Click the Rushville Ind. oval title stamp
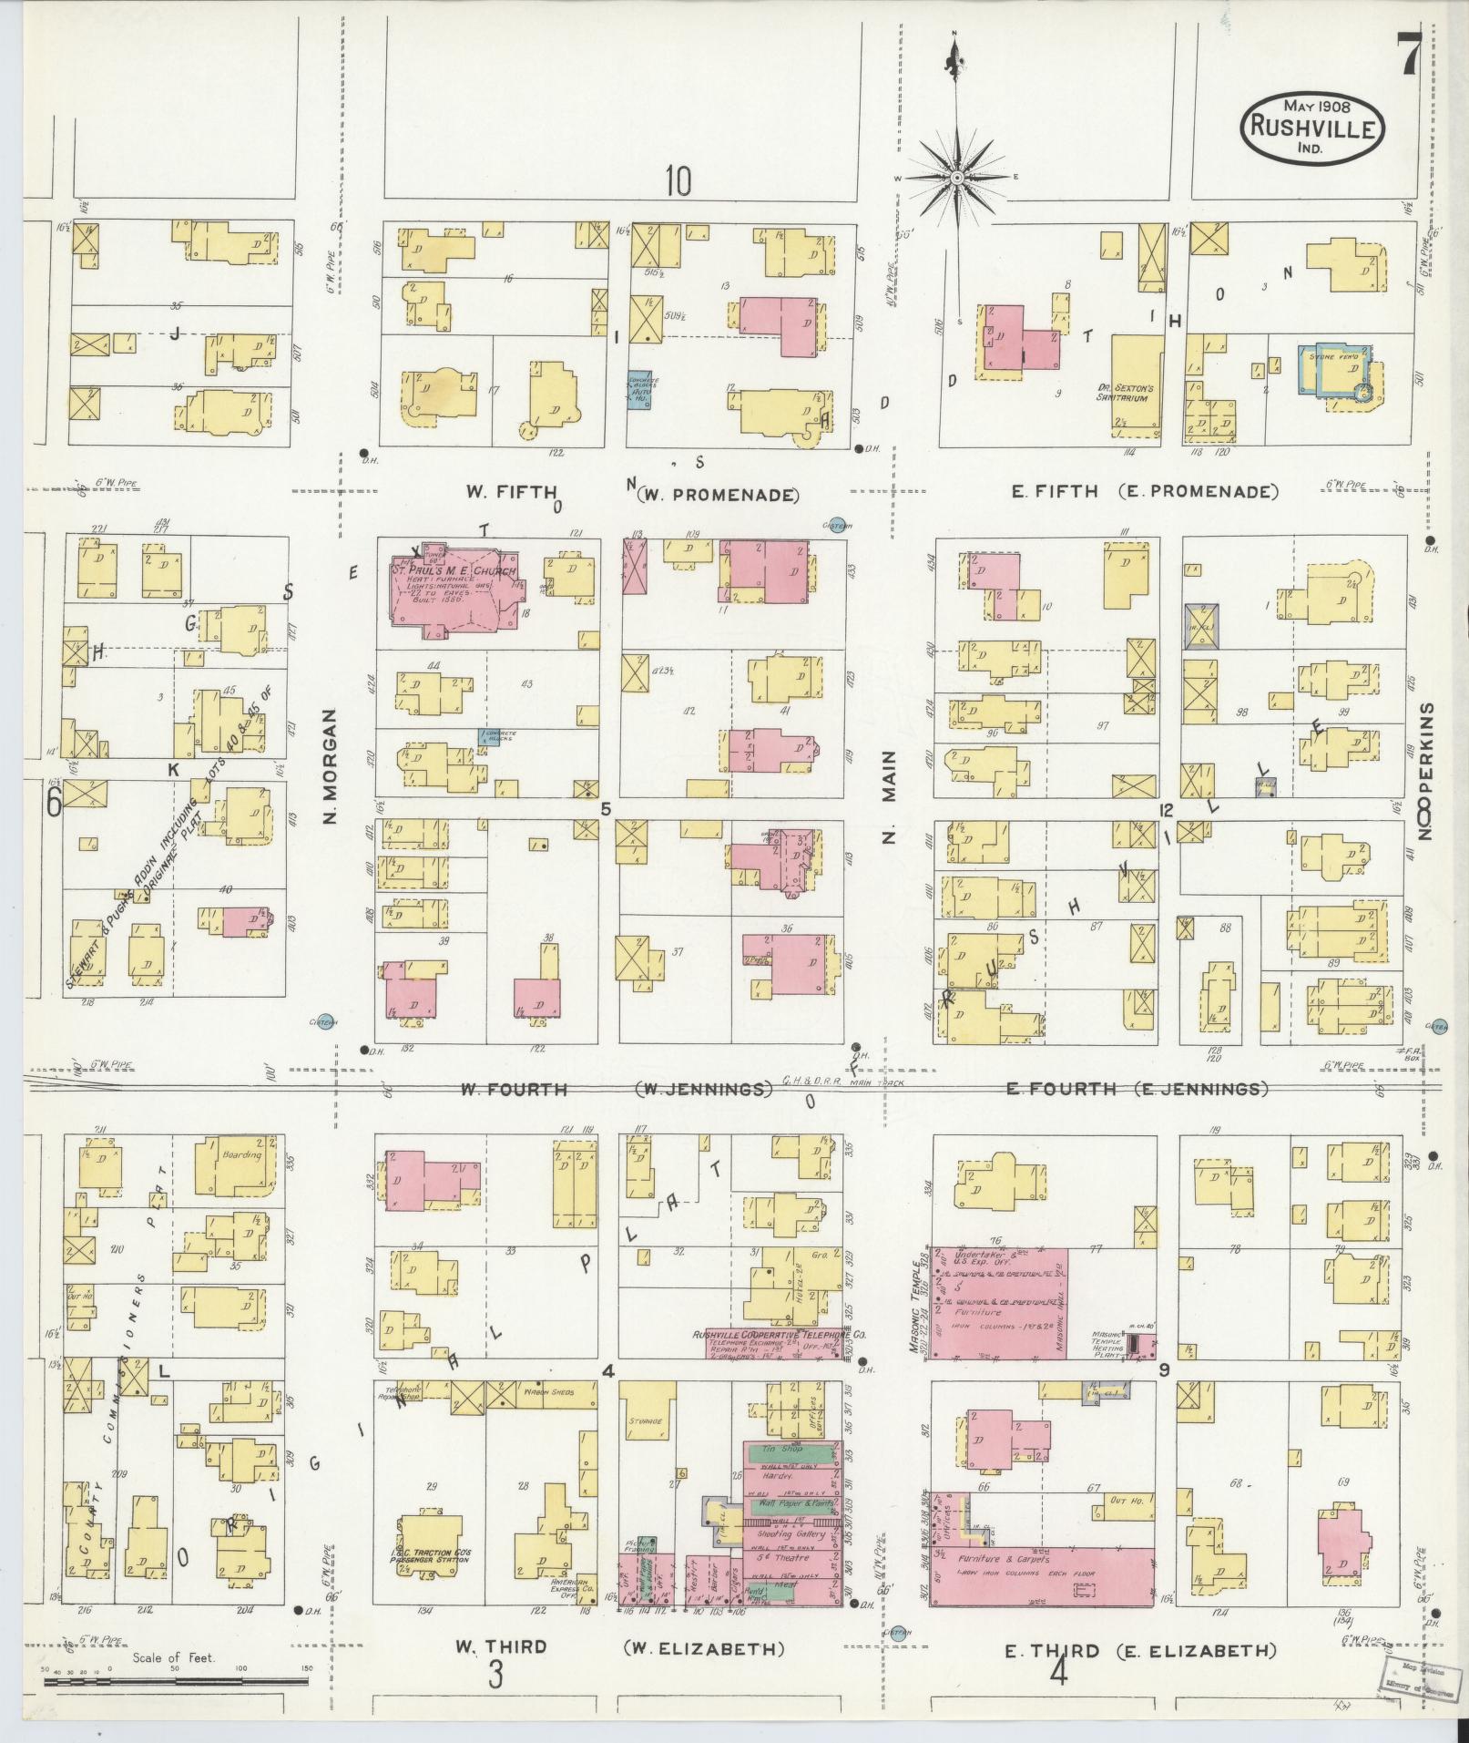tap(1312, 128)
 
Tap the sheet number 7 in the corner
tap(1409, 56)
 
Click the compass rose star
tap(956, 179)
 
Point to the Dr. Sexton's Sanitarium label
tap(1127, 392)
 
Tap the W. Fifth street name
tap(511, 492)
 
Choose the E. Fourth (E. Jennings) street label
tap(1137, 1088)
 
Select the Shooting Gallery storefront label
tap(791, 1534)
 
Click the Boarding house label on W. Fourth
tap(240, 1155)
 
